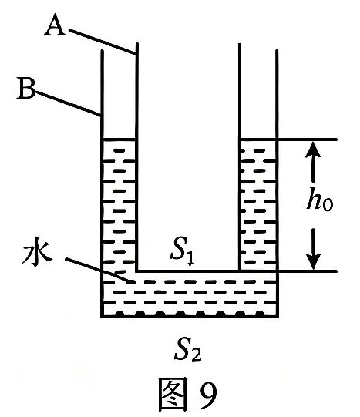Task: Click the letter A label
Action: click(55, 27)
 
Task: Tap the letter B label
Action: click(25, 89)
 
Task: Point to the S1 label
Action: click(183, 252)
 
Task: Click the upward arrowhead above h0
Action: click(313, 150)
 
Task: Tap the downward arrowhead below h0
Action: click(313, 261)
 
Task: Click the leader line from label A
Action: click(103, 42)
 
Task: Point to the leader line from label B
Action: click(68, 103)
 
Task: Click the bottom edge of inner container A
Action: click(188, 271)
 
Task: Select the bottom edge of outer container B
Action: click(190, 316)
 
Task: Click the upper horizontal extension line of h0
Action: click(308, 139)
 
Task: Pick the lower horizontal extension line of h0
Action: click(308, 271)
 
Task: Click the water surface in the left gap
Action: click(119, 139)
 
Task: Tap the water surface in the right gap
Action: click(259, 139)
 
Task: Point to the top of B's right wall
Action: click(277, 50)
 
